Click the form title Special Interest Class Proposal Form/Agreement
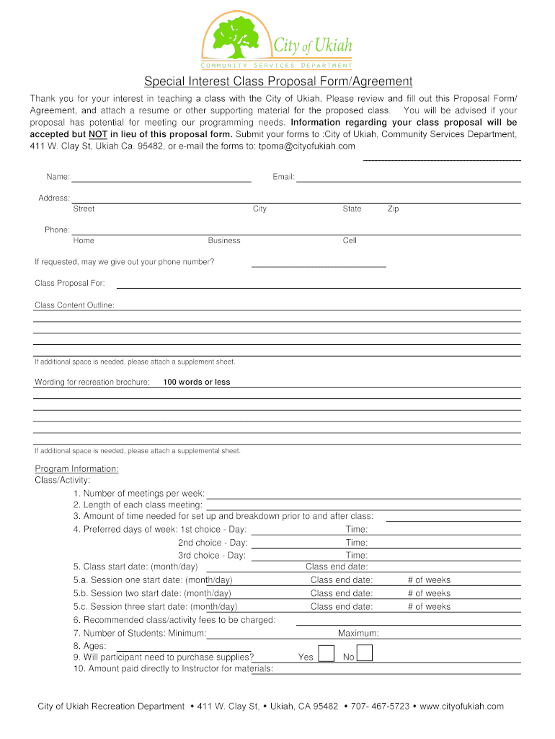tap(277, 82)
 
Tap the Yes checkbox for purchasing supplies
tap(326, 654)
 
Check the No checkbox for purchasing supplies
tap(365, 654)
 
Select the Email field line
tap(409, 178)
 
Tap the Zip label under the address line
tap(393, 209)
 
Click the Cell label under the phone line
tap(350, 240)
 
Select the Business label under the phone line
tap(224, 240)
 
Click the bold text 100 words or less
tap(197, 382)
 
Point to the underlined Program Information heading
tap(76, 469)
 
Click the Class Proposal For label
tap(70, 283)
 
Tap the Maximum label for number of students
tap(358, 634)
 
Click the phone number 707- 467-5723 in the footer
tap(381, 706)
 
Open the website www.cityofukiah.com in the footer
tap(461, 706)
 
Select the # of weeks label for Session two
tap(429, 593)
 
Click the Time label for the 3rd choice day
tap(356, 556)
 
